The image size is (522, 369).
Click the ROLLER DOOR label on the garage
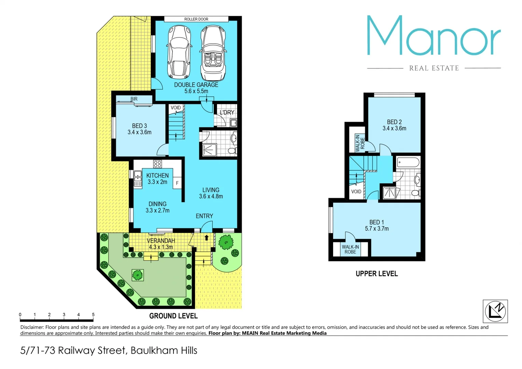(196, 19)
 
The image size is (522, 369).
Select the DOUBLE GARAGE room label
(196, 85)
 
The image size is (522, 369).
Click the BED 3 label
(139, 126)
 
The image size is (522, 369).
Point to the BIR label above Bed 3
(134, 99)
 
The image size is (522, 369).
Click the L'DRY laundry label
(227, 112)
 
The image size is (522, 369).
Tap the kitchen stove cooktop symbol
(157, 164)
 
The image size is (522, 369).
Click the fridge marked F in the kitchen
(177, 183)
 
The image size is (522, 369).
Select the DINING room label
(157, 204)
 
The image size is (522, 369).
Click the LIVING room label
(211, 190)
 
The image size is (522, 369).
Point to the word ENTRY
(204, 216)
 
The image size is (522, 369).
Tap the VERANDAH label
(161, 241)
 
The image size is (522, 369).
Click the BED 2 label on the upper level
(394, 122)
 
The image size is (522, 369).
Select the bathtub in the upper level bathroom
(408, 162)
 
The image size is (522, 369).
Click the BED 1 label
(376, 222)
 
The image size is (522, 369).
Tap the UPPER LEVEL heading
(376, 274)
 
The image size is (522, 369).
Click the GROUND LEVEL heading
(173, 316)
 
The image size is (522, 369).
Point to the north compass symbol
(495, 311)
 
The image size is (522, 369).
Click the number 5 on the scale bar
(93, 315)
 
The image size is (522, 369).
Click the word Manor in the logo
(434, 36)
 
